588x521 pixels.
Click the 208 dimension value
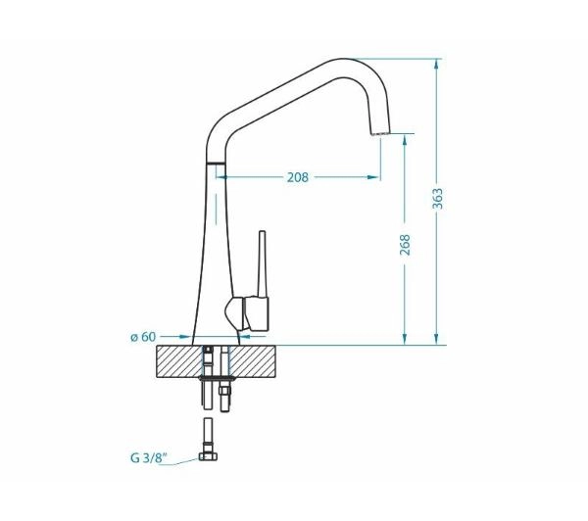tap(297, 177)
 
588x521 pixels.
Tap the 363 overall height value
tap(438, 199)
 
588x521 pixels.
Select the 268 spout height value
tap(405, 245)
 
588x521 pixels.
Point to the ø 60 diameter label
tap(143, 337)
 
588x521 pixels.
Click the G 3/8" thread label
tap(149, 457)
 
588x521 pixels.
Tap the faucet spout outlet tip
tap(380, 133)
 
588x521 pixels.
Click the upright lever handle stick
tap(262, 263)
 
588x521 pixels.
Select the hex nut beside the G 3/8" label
tap(208, 456)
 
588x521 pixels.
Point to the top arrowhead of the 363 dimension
tap(436, 64)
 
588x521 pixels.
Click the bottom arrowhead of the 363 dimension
tap(436, 339)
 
